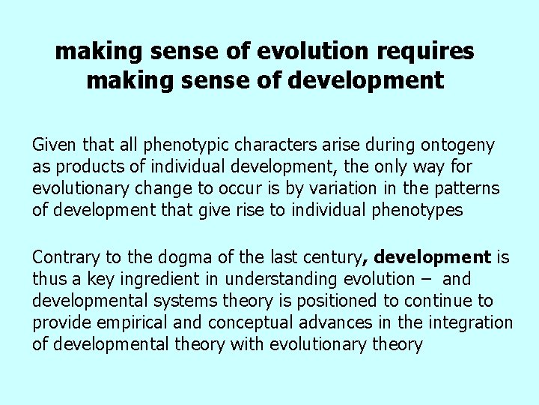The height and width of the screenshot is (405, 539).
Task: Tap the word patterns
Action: [x=469, y=188]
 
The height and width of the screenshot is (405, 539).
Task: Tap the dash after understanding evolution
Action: [x=432, y=280]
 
